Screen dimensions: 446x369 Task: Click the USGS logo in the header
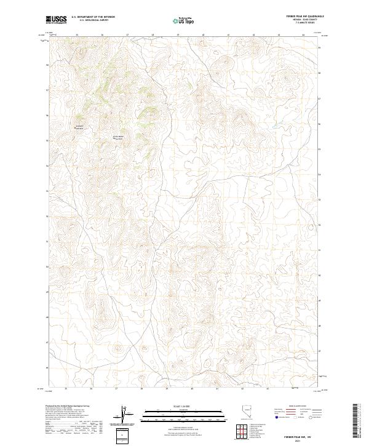(56, 20)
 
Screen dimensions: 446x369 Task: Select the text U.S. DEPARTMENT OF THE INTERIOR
(93, 17)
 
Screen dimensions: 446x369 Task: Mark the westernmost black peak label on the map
(78, 127)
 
